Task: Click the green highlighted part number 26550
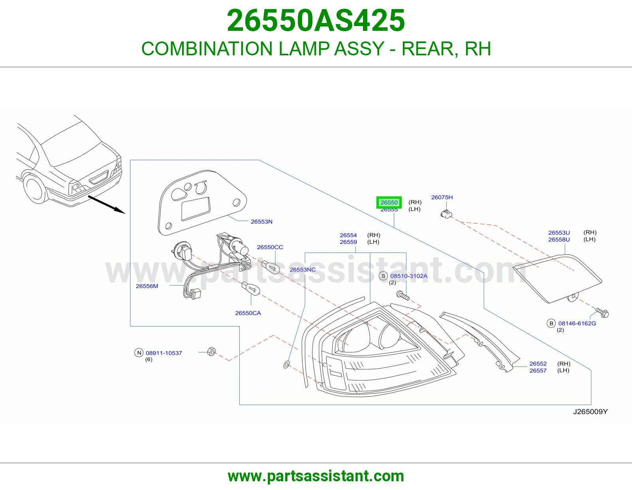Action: click(x=389, y=202)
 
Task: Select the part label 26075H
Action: click(x=442, y=197)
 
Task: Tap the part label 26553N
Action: click(x=261, y=222)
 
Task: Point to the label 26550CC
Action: click(x=270, y=247)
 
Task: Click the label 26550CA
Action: click(x=248, y=313)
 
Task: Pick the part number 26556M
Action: click(x=147, y=286)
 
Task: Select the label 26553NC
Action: click(x=303, y=270)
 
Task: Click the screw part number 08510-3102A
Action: click(x=409, y=276)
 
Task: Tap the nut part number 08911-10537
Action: click(x=164, y=353)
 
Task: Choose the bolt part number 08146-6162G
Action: click(x=577, y=323)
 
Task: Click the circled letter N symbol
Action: click(x=139, y=353)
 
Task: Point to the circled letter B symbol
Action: click(x=551, y=323)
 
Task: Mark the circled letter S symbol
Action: click(x=383, y=276)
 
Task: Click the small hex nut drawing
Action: click(x=211, y=352)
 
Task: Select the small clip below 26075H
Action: click(x=446, y=214)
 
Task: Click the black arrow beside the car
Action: click(x=106, y=205)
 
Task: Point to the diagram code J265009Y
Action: click(x=591, y=412)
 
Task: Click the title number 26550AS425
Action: click(x=316, y=21)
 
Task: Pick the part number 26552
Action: click(x=538, y=364)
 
